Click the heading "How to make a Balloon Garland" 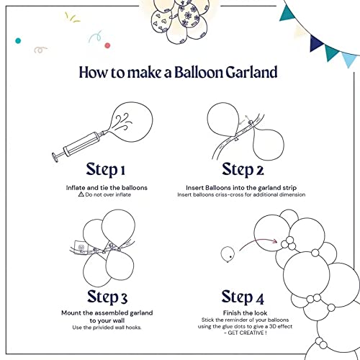coord(179,73)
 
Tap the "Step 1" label coord(105,170)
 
